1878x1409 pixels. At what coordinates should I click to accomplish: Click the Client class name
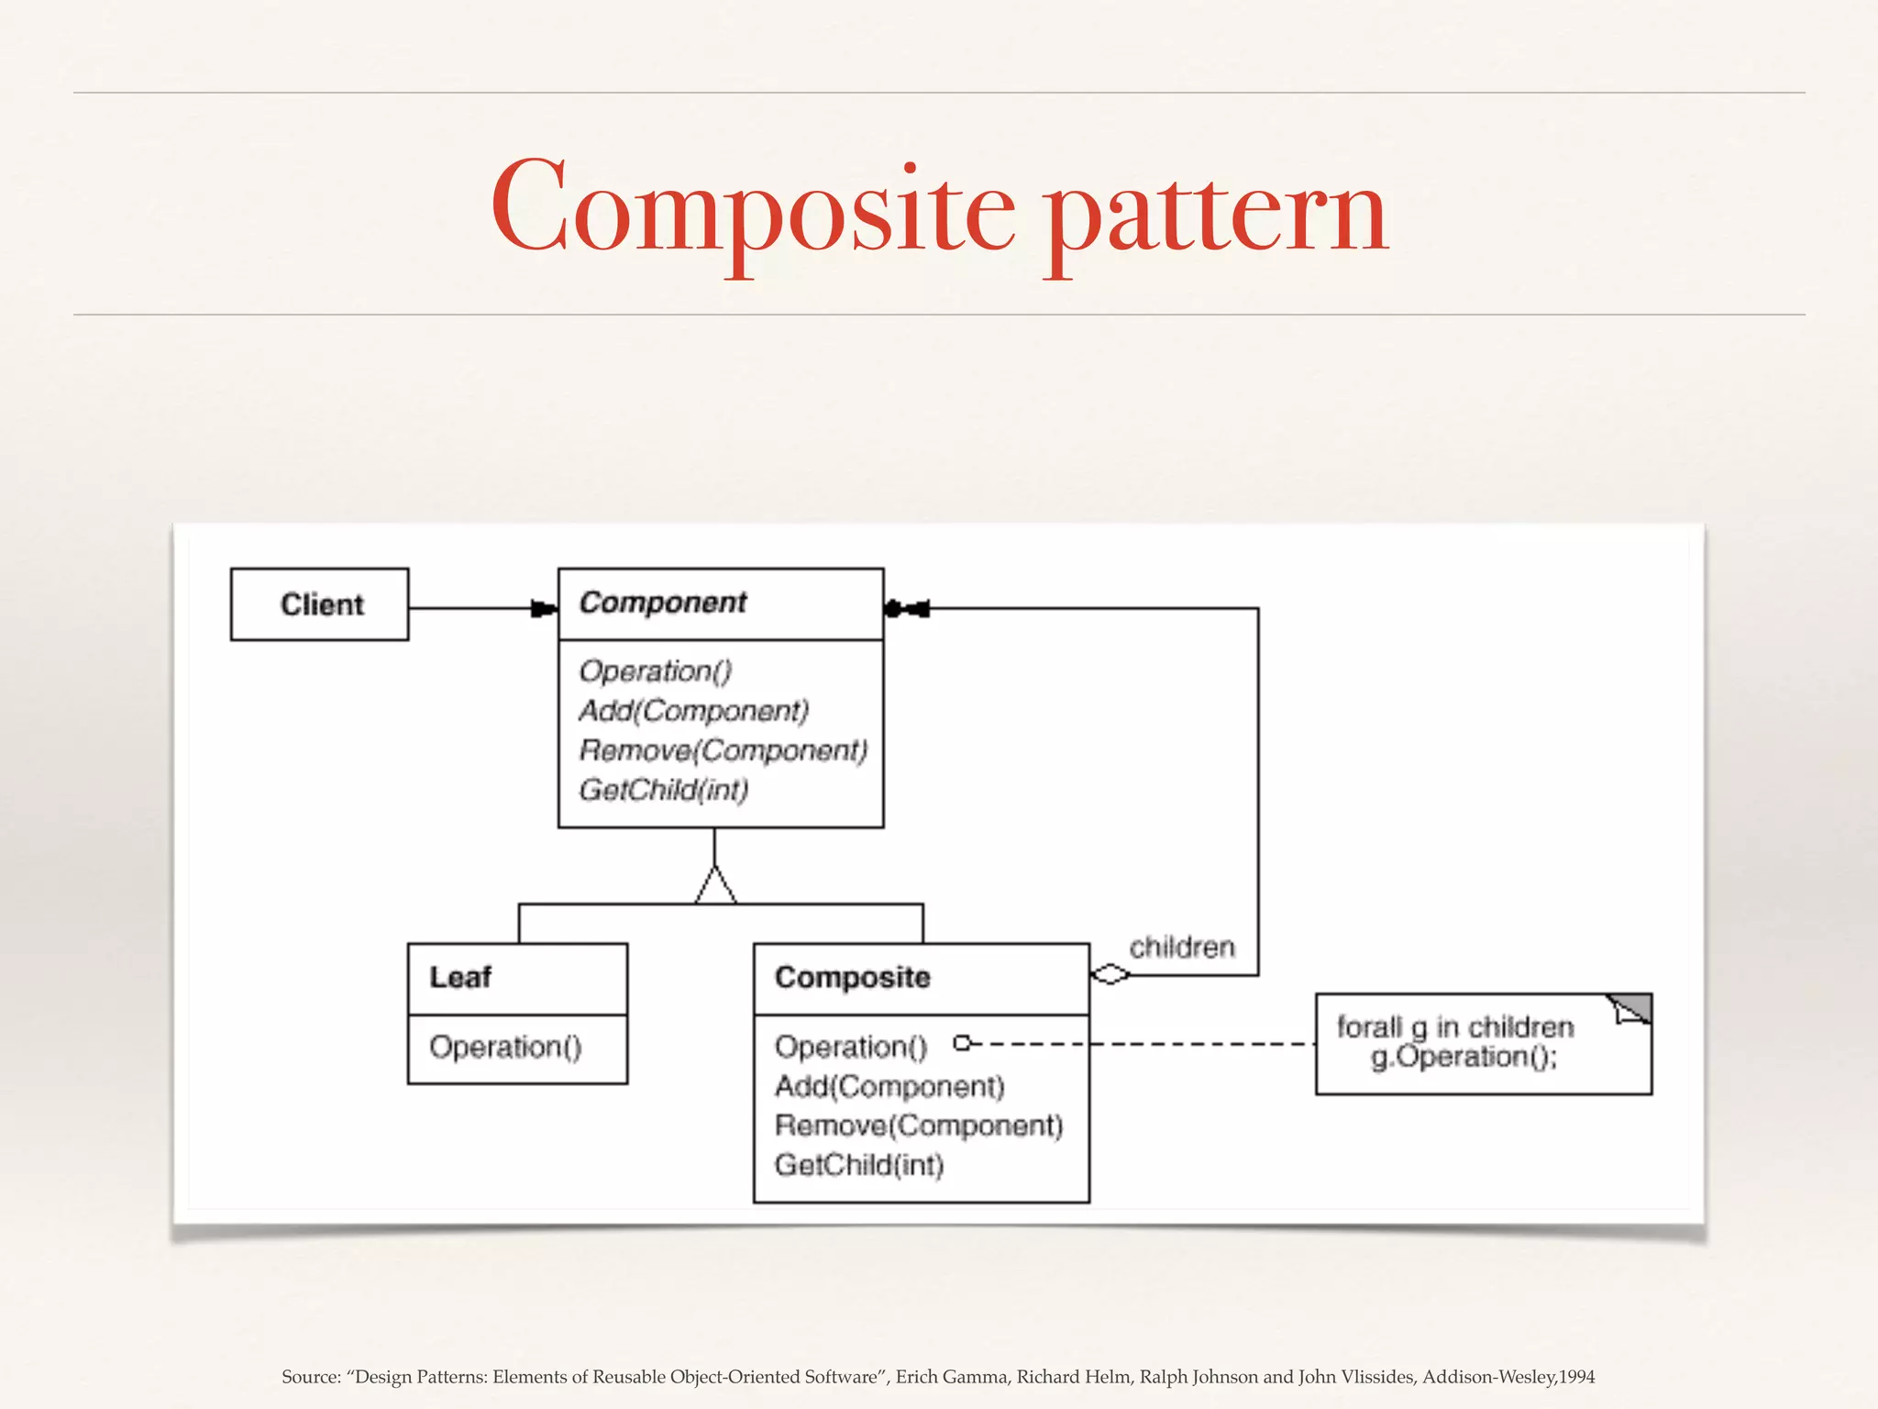point(322,605)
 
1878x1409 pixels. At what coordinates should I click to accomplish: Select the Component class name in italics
point(663,603)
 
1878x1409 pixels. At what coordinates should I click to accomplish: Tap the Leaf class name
point(460,977)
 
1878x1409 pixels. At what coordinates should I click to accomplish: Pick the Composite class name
point(852,977)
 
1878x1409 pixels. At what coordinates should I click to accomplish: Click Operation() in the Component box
point(656,671)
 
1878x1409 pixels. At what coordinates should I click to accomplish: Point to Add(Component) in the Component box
point(693,711)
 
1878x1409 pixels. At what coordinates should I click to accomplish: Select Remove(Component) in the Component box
point(723,750)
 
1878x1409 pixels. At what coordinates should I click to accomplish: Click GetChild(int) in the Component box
point(664,790)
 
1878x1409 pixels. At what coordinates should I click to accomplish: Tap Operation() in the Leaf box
point(505,1047)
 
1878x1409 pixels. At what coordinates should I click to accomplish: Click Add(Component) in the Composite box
point(889,1086)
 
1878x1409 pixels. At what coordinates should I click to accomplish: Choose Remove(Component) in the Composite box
point(919,1126)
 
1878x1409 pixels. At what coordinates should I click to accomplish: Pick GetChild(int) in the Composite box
point(859,1165)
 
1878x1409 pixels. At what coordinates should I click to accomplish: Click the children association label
point(1181,947)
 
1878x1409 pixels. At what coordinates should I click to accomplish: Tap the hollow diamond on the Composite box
point(1110,974)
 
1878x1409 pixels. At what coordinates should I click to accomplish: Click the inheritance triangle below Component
point(715,886)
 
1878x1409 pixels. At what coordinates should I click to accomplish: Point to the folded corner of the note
point(1633,1008)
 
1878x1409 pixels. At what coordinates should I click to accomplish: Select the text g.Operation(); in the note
point(1464,1058)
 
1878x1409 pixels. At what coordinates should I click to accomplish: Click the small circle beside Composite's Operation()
point(962,1043)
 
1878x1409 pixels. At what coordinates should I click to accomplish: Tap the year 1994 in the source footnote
point(1576,1377)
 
